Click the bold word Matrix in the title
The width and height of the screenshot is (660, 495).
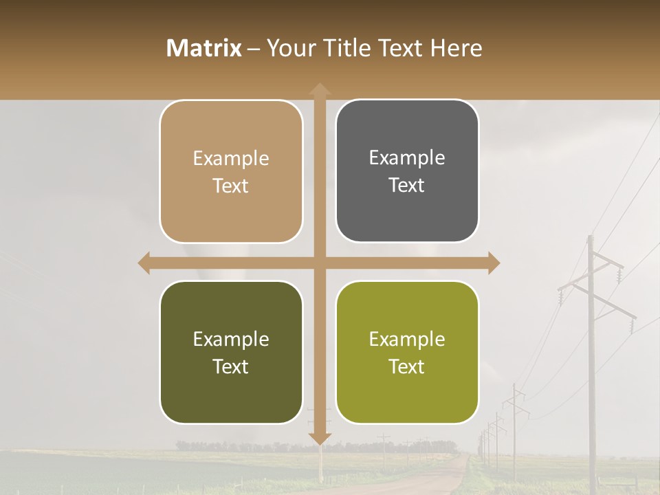pos(204,48)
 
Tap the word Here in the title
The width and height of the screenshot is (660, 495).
pos(456,48)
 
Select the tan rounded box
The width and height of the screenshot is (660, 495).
pos(231,171)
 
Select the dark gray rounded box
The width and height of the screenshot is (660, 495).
pos(407,170)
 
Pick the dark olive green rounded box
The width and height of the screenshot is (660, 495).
pos(231,352)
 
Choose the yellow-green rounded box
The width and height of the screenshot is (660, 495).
pos(407,352)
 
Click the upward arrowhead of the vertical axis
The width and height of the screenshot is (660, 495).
pos(319,90)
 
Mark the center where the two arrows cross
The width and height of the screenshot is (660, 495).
pos(319,263)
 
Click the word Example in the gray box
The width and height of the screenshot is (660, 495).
pos(407,157)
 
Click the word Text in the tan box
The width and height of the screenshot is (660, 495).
pos(231,186)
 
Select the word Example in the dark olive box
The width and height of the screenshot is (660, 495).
pos(231,339)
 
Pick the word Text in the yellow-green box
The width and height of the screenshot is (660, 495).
pos(407,366)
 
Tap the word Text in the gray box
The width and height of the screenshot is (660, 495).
pos(407,185)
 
